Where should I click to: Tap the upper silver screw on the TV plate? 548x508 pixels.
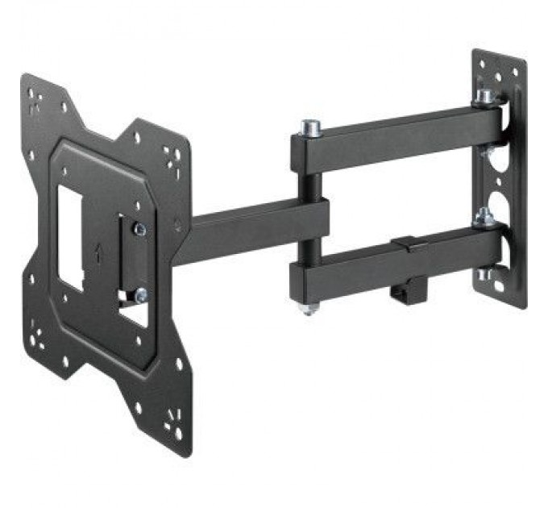(140, 230)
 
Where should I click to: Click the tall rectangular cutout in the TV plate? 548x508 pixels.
(71, 237)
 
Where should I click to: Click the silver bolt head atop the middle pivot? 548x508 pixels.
(309, 127)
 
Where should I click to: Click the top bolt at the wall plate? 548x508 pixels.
(485, 97)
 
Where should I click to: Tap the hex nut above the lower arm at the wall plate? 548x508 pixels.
(484, 217)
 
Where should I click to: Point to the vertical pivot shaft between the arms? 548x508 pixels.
(309, 185)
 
